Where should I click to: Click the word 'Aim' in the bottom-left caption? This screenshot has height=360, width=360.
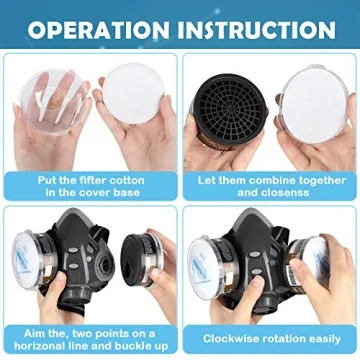(39, 327)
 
